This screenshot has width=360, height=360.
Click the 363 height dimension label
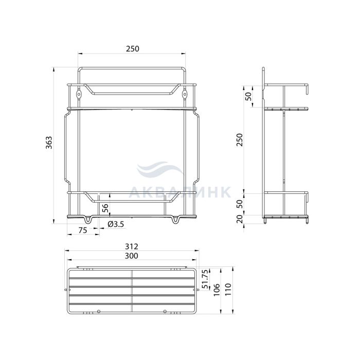(x=49, y=142)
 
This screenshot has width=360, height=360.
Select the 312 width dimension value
(x=132, y=246)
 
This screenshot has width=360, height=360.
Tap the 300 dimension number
(x=132, y=256)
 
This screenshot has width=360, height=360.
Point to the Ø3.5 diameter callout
(x=116, y=224)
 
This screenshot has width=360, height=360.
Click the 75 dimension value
(x=83, y=230)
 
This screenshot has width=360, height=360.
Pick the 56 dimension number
(x=105, y=209)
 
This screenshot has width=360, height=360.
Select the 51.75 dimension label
(x=206, y=279)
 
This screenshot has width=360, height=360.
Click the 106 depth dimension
(x=217, y=290)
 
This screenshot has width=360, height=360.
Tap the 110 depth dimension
(x=228, y=290)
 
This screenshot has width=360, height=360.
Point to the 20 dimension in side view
(x=240, y=219)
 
